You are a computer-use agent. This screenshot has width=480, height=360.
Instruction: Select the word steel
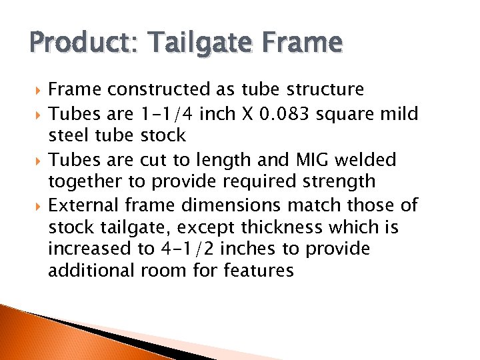tap(69, 135)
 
